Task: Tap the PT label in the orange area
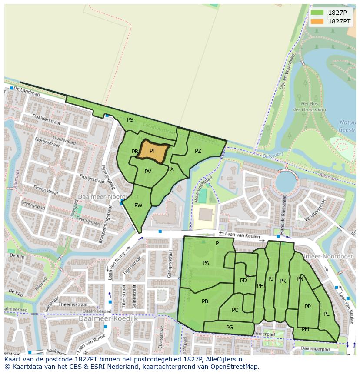pos(153,151)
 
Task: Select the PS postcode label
pos(130,120)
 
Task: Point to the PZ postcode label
pos(198,151)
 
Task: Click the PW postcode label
pos(138,205)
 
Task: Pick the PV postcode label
pos(148,172)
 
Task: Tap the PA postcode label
pos(206,263)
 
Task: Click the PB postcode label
pos(205,301)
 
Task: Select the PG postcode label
pos(230,328)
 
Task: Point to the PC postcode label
pos(235,310)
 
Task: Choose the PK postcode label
pos(283,281)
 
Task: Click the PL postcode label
pos(326,314)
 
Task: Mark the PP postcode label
pos(308,307)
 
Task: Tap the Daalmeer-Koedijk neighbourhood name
pos(108,318)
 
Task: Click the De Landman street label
pos(24,89)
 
